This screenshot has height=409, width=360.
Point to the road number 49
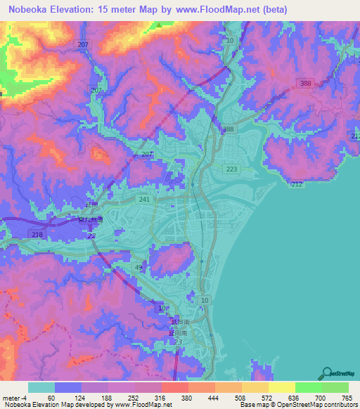[139, 268]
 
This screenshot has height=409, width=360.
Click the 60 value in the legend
[51, 397]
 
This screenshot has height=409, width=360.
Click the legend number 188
[105, 397]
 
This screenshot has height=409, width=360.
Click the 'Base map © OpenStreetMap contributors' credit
[297, 405]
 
